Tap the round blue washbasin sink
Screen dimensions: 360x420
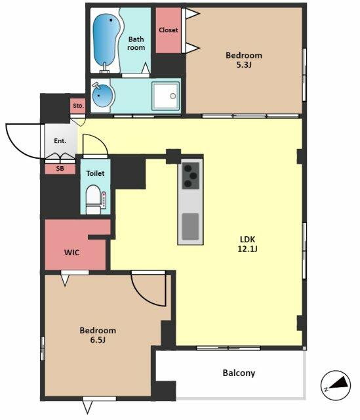pos(102,96)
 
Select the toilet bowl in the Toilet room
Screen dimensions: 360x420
pos(93,199)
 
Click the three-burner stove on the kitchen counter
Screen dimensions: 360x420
pos(191,176)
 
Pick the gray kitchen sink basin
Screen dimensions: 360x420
pos(190,226)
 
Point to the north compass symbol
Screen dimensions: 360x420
pos(336,385)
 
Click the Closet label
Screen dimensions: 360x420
pos(168,30)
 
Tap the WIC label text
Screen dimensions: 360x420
pos(71,252)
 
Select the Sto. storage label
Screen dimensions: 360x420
pos(79,106)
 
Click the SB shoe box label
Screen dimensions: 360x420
pos(60,169)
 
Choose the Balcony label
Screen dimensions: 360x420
pos(239,373)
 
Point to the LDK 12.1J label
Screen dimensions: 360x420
pos(247,243)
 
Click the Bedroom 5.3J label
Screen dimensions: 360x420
pos(244,60)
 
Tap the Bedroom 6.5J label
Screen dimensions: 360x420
pos(98,335)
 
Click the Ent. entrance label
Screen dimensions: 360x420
pos(60,141)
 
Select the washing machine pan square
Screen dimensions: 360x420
pos(165,96)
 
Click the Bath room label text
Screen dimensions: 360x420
pos(136,43)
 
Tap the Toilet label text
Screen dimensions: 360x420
pos(95,173)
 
